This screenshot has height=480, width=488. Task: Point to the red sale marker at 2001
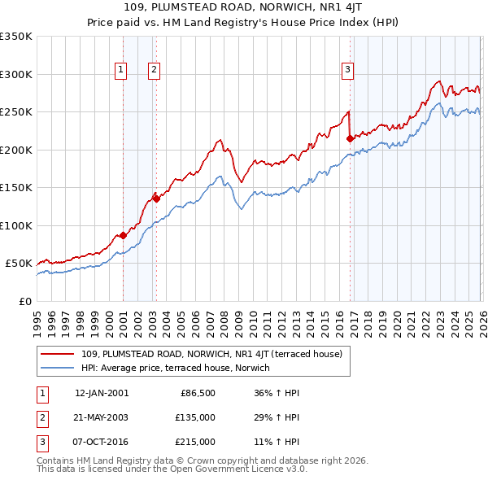point(123,235)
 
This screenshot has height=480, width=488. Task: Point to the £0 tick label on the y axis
point(25,301)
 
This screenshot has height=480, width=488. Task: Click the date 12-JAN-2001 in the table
point(102,393)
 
